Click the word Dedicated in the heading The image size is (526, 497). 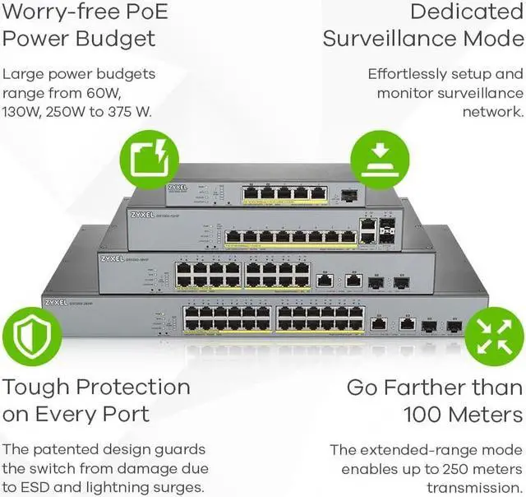466,12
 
